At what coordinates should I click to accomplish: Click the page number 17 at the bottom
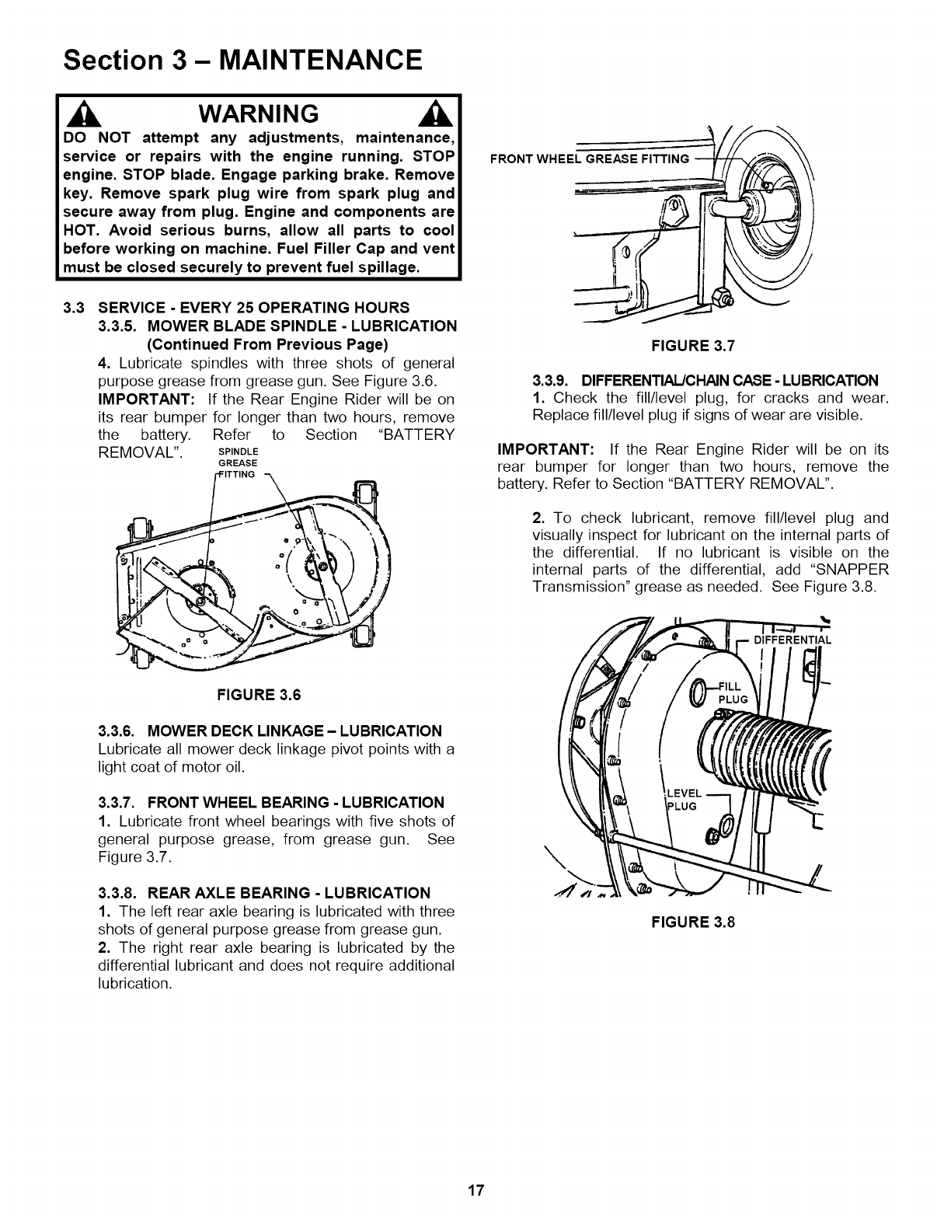click(x=475, y=1191)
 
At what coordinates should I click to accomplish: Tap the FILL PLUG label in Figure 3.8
click(x=733, y=692)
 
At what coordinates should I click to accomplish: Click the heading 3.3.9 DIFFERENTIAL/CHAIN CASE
click(x=705, y=381)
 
